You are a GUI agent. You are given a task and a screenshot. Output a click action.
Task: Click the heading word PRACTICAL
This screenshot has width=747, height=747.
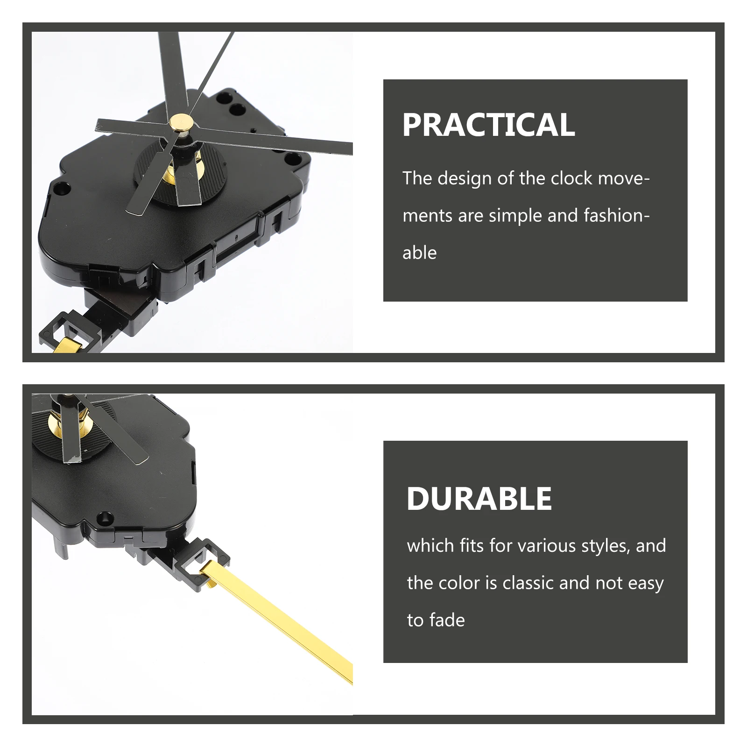pyautogui.click(x=488, y=125)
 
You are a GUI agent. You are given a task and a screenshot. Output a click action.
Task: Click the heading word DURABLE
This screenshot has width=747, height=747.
pyautogui.click(x=479, y=498)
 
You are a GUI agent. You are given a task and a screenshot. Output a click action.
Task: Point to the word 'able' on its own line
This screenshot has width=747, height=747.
pyautogui.click(x=419, y=253)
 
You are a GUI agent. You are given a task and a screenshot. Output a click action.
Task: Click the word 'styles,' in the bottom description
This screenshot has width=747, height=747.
pyautogui.click(x=606, y=546)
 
